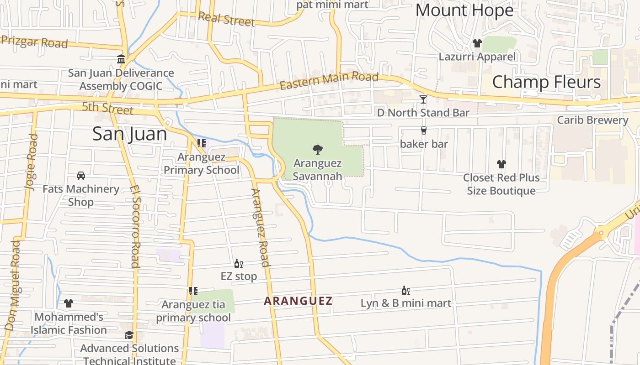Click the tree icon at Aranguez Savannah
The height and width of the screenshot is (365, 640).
tap(318, 149)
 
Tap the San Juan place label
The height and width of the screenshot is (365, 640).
tap(129, 134)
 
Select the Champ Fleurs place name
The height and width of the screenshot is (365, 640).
tap(546, 82)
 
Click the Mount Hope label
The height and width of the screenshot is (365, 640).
tap(464, 10)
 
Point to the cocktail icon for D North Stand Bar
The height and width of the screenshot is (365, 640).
tap(423, 99)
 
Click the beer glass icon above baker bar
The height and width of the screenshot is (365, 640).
tap(423, 130)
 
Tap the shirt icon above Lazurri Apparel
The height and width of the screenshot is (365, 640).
tap(477, 43)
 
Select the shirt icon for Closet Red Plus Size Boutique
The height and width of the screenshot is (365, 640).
tap(501, 164)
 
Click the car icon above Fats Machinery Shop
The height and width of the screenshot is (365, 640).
tap(81, 176)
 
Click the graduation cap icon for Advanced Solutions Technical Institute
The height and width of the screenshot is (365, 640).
tap(129, 335)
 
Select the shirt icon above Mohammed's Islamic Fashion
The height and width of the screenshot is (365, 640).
tap(69, 303)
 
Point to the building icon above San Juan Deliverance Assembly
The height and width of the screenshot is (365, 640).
tap(121, 59)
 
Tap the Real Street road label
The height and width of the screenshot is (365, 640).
tap(226, 19)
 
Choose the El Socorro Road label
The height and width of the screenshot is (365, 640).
tap(134, 226)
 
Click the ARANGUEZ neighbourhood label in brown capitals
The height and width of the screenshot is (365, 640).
tap(298, 301)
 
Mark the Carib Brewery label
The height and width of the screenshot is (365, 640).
tap(592, 120)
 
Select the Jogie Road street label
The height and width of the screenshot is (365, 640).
tap(31, 162)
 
